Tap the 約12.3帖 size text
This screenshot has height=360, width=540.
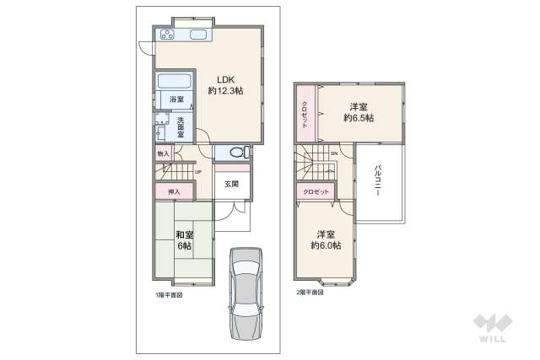tap(225, 90)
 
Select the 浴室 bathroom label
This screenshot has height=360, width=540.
tap(177, 100)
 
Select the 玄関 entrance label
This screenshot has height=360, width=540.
tap(231, 184)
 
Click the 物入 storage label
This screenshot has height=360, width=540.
tap(164, 154)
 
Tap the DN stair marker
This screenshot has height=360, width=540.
tap(334, 153)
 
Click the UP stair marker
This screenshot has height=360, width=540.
tap(197, 173)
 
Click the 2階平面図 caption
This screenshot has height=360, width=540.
tap(309, 292)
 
